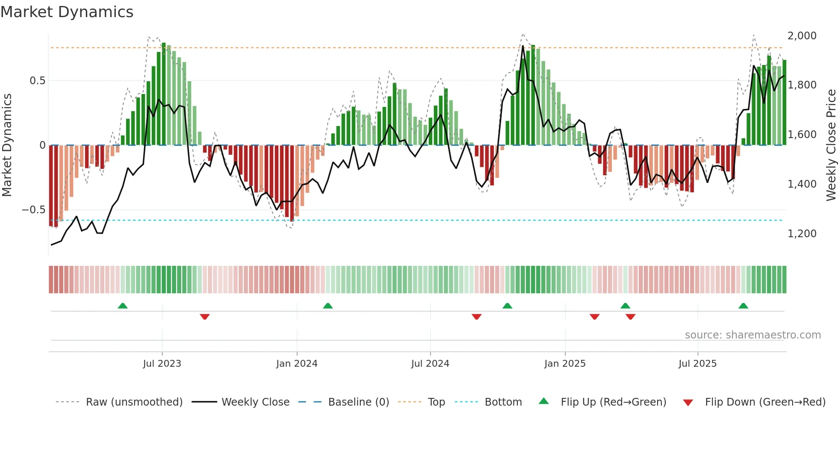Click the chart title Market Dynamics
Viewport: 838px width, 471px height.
pos(67,12)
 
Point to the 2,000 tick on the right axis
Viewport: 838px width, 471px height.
pos(802,36)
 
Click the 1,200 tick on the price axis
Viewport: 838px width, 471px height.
pos(802,234)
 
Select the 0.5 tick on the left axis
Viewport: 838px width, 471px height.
pos(37,81)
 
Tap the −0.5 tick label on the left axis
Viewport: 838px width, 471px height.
pos(34,210)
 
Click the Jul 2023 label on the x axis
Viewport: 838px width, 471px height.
pos(162,364)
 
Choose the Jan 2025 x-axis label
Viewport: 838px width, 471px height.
pos(565,364)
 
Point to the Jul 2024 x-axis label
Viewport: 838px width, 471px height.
pos(430,364)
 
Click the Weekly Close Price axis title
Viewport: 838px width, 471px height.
pos(831,145)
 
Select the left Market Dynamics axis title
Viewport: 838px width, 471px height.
pos(7,145)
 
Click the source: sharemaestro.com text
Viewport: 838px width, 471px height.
pos(752,335)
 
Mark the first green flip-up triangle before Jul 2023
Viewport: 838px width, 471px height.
pos(123,306)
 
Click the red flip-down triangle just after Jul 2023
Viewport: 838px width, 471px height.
pos(205,317)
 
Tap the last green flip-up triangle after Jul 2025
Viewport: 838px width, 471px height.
pos(743,306)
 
